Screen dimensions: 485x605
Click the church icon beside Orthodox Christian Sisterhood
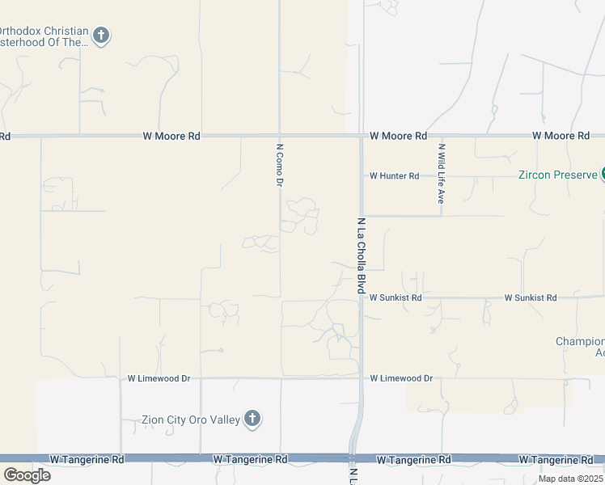[101, 36]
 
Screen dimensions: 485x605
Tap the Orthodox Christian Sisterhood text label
[44, 36]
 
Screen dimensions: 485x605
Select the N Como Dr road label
[279, 166]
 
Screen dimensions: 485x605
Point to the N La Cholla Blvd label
[362, 255]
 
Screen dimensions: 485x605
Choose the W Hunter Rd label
[395, 175]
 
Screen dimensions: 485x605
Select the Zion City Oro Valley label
[191, 419]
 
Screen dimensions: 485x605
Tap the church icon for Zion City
[252, 419]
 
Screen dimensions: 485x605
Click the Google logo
[27, 475]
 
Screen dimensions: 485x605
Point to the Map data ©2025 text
[569, 479]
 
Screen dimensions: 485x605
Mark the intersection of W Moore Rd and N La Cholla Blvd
[361, 136]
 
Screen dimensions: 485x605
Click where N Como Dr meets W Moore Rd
[279, 135]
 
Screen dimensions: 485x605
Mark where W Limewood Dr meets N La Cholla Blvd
[361, 377]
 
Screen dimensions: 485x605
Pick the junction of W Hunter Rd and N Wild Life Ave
[441, 175]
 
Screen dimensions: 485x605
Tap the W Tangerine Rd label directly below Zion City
[250, 459]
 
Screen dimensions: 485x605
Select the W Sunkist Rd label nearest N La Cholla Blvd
[396, 297]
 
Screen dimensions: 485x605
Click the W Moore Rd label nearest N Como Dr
[171, 136]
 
